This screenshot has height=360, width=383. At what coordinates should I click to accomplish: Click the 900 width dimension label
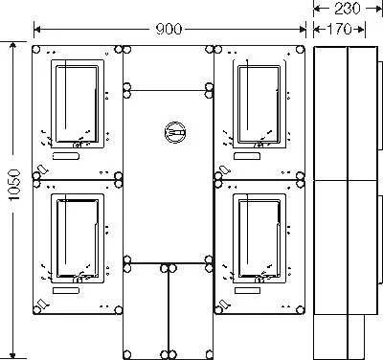click(169, 30)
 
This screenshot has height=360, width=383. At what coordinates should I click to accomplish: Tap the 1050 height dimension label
click(14, 185)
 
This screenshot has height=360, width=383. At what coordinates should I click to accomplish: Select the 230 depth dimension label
click(348, 9)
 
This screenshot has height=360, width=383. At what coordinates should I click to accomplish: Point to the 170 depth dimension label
click(339, 30)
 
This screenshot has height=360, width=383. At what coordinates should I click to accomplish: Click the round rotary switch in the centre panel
click(174, 132)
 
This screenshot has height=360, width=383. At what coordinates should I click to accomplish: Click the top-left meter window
click(78, 103)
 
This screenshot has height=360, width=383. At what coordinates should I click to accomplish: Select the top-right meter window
click(259, 103)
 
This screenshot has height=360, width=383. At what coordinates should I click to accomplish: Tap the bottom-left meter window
click(78, 238)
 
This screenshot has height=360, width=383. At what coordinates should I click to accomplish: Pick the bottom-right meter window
click(259, 238)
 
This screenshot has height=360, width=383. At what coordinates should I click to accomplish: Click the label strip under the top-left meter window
click(66, 156)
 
